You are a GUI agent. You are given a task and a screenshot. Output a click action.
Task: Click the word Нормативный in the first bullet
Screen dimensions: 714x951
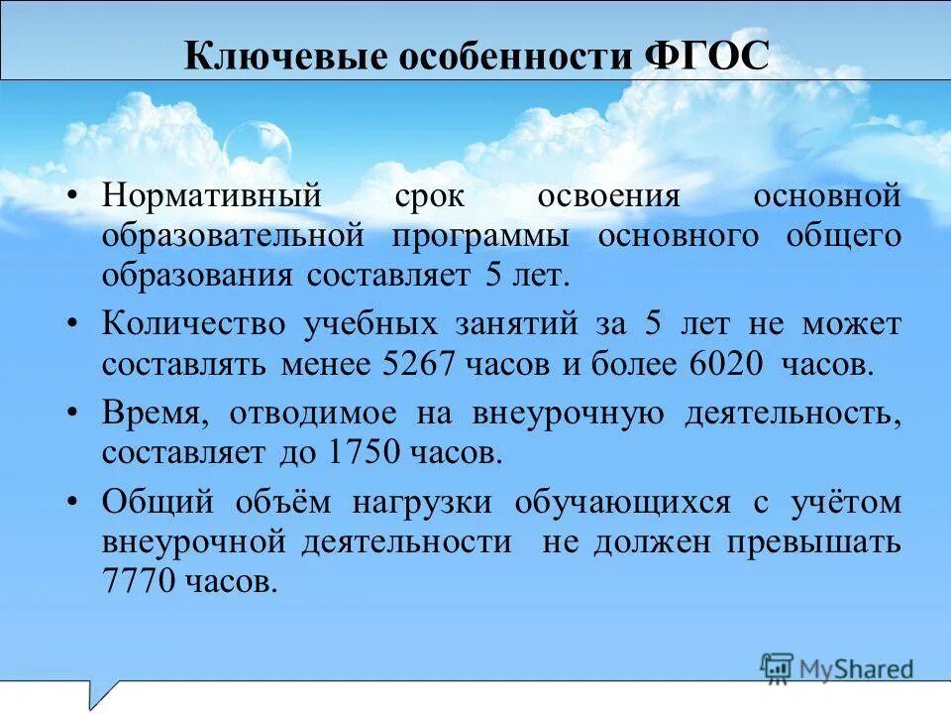click(212, 195)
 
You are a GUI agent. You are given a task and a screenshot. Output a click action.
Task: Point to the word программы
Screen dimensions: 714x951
click(480, 237)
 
